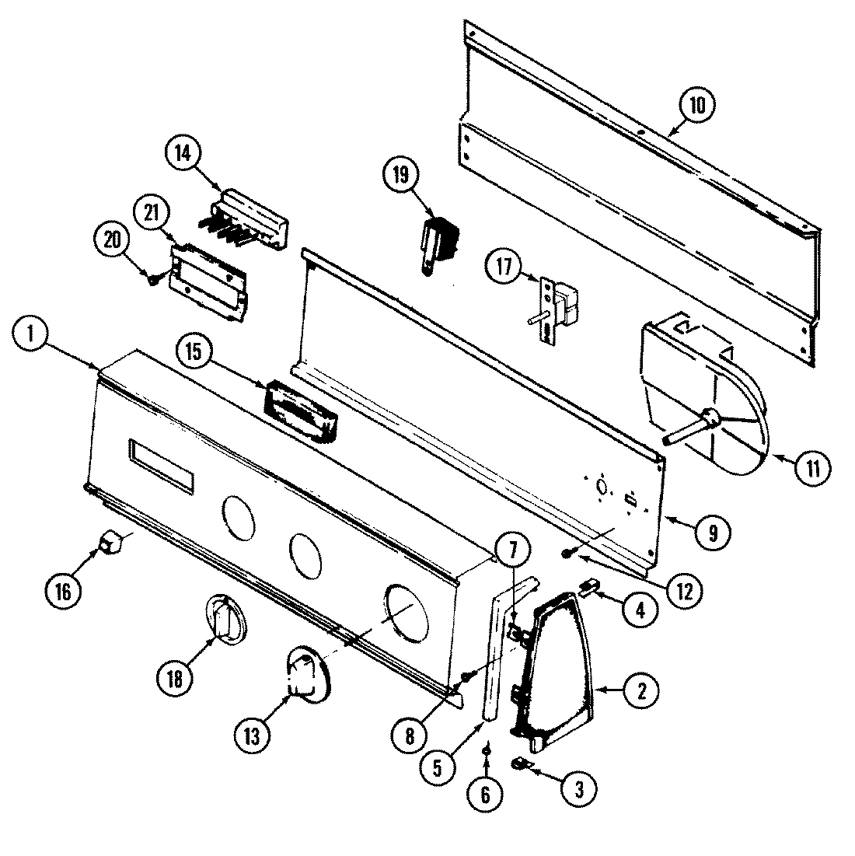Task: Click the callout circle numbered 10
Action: tap(697, 106)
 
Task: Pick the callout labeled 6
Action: tap(486, 795)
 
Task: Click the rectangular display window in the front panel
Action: tap(162, 466)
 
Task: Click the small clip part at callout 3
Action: tap(520, 765)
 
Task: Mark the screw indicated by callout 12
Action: tap(567, 553)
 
